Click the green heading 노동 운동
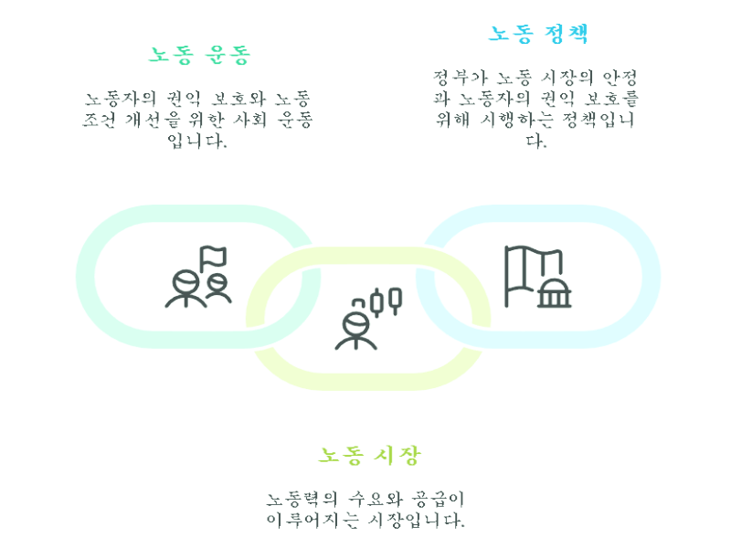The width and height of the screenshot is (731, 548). pyautogui.click(x=199, y=54)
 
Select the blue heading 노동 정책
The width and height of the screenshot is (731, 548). pyautogui.click(x=538, y=34)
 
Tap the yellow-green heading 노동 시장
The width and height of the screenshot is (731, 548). pyautogui.click(x=369, y=454)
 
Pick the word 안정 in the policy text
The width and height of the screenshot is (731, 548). pyautogui.click(x=620, y=76)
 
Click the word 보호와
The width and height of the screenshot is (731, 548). pyautogui.click(x=238, y=98)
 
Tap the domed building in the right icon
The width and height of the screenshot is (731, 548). pyautogui.click(x=553, y=290)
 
